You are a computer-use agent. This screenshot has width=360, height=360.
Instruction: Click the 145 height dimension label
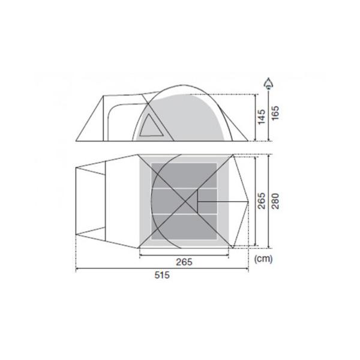pyautogui.click(x=262, y=117)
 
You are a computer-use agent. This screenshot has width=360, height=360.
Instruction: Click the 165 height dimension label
pyautogui.click(x=275, y=113)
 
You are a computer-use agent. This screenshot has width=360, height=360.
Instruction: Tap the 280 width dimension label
pyautogui.click(x=275, y=201)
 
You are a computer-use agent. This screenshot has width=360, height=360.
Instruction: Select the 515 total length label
pyautogui.click(x=162, y=275)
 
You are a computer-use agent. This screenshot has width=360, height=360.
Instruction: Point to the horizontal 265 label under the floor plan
pyautogui.click(x=184, y=262)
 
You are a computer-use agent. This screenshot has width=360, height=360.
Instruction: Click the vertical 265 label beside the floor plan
pyautogui.click(x=262, y=201)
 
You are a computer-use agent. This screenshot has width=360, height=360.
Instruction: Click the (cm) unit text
pyautogui.click(x=263, y=259)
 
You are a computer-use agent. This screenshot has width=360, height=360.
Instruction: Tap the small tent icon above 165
pyautogui.click(x=268, y=83)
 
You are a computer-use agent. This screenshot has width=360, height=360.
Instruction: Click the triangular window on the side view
pyautogui.click(x=151, y=126)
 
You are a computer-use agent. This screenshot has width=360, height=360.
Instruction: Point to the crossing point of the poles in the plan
pyautogui.click(x=185, y=202)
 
